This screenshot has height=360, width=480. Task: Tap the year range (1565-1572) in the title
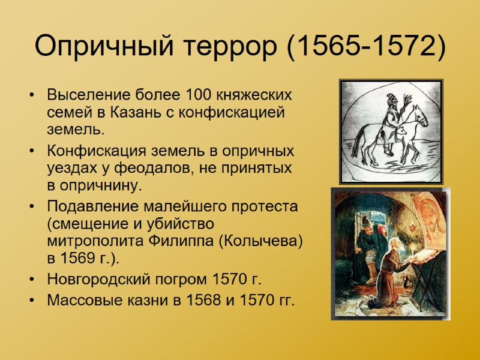click(x=366, y=46)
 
